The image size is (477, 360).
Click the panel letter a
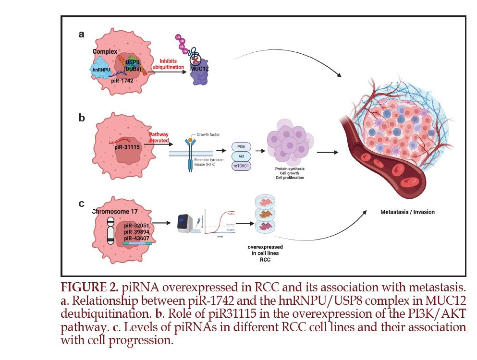tap(82, 34)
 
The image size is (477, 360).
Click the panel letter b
tap(82, 118)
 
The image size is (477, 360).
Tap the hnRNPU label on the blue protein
tap(102, 70)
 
